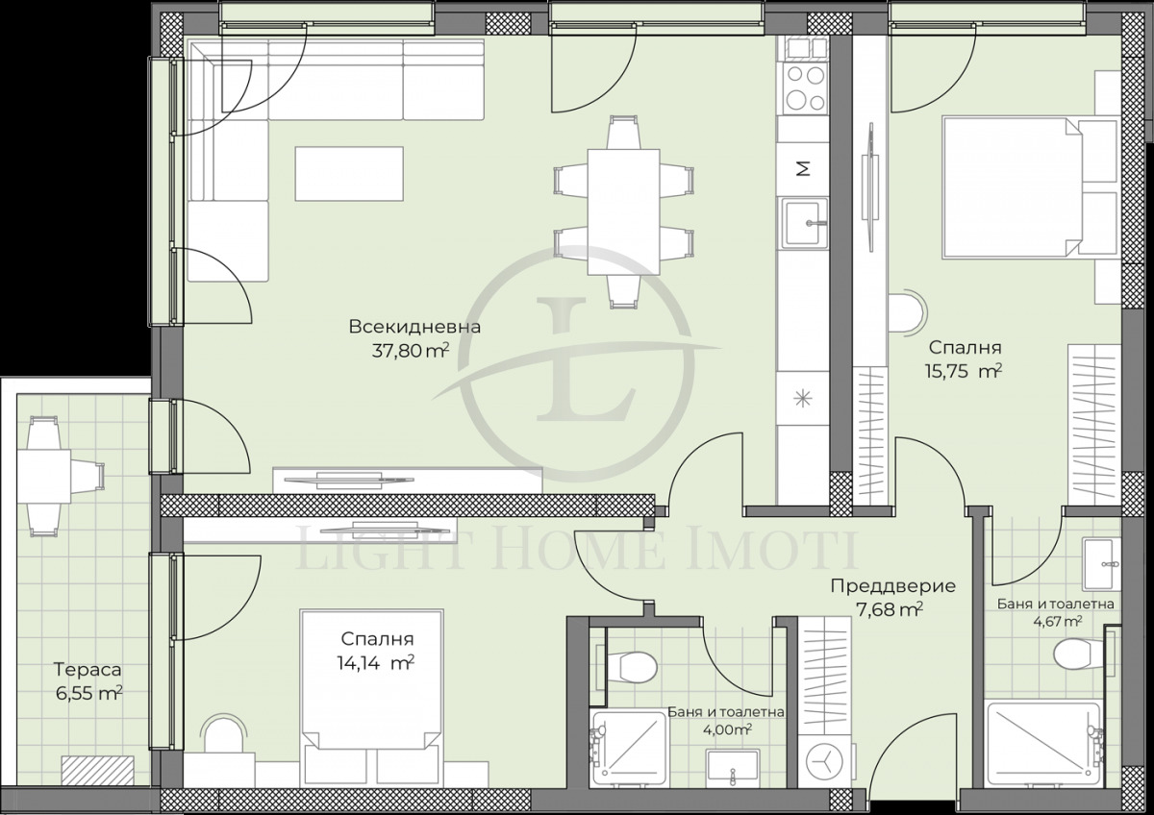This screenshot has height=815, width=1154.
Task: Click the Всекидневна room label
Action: [x=414, y=327]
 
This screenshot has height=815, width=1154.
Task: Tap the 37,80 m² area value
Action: [x=411, y=351]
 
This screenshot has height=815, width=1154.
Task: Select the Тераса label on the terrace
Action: [x=88, y=669]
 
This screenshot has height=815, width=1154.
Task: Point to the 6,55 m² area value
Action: [x=88, y=691]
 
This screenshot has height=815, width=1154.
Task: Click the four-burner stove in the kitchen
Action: [x=805, y=87]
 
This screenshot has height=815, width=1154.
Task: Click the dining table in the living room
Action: [x=623, y=210]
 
